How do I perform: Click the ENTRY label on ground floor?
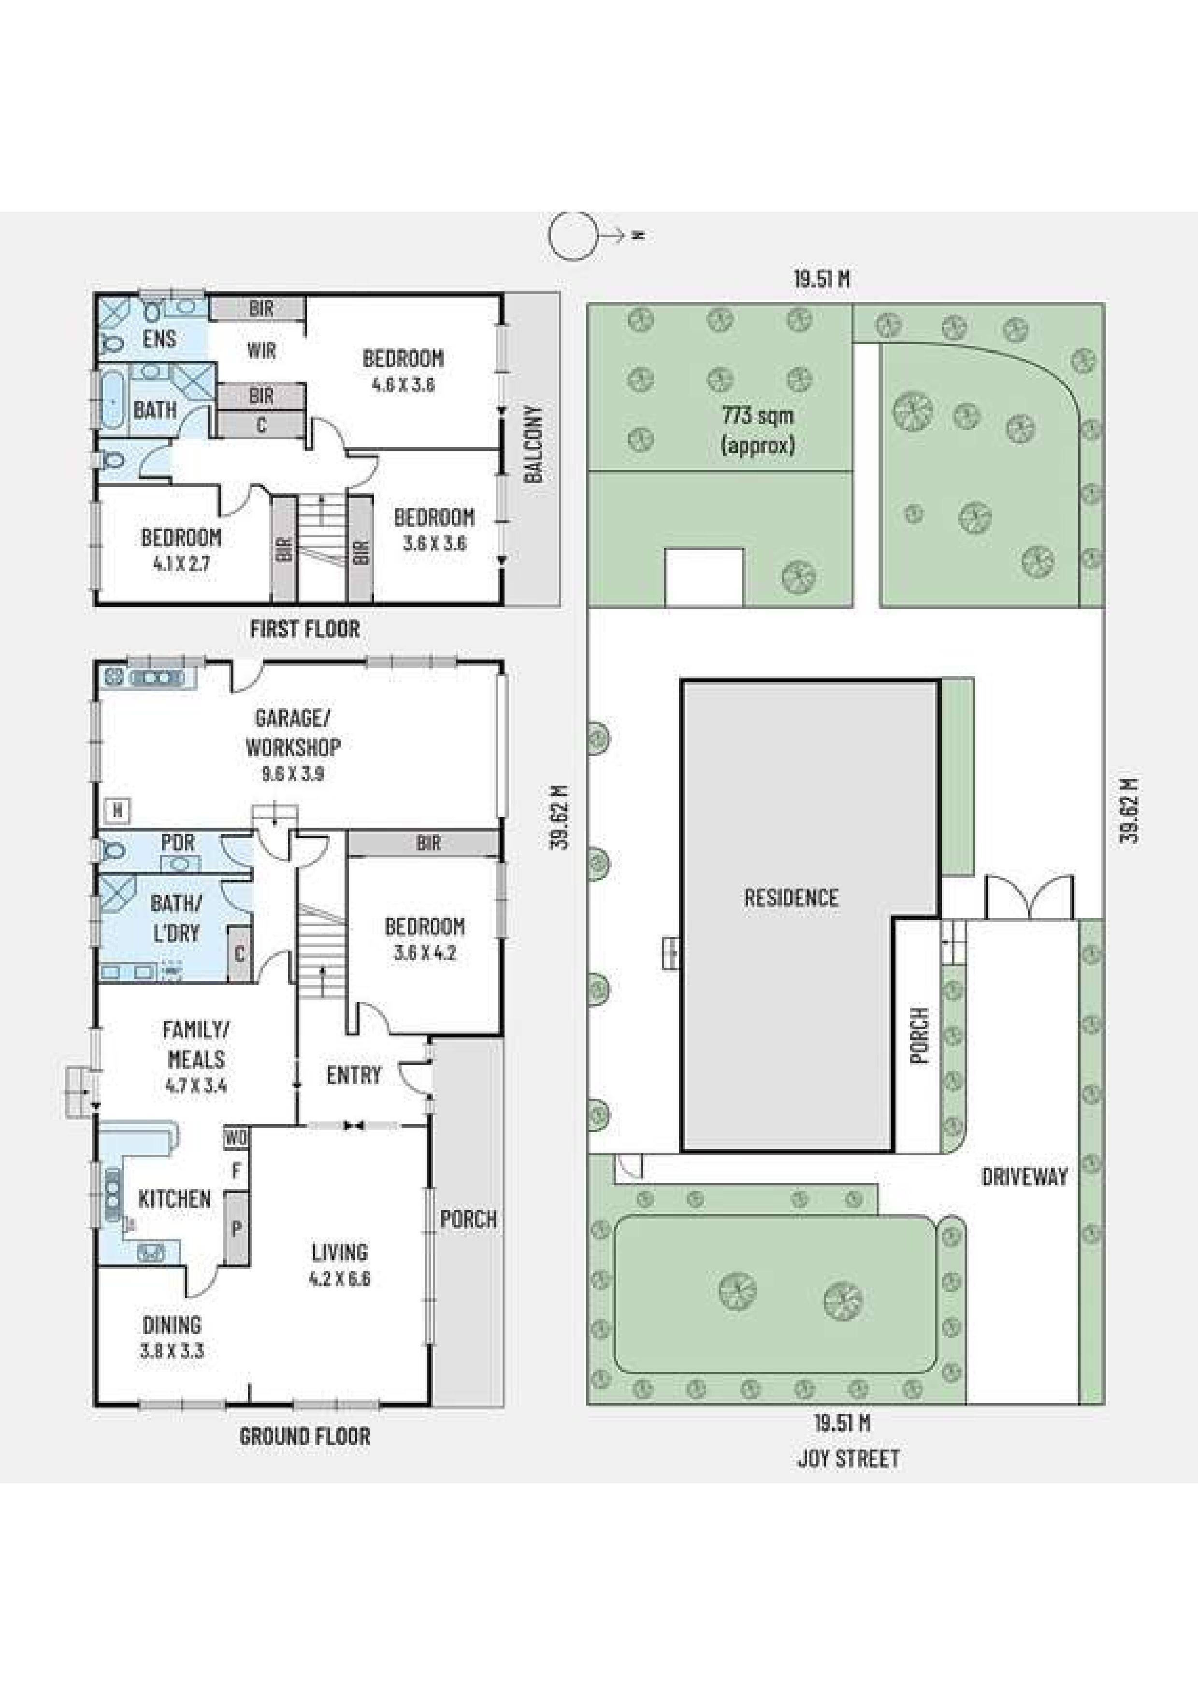[x=354, y=1075]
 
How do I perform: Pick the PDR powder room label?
[x=177, y=842]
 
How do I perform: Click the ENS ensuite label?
[x=159, y=339]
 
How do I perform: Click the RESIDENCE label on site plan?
[x=791, y=898]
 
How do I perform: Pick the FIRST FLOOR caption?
[x=305, y=629]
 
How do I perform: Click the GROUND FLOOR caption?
[x=304, y=1436]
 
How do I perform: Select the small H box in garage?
[x=116, y=811]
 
